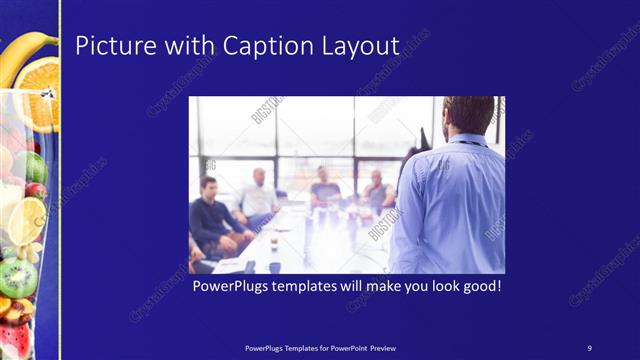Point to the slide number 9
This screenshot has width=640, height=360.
point(589,347)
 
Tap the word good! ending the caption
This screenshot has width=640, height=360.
point(478,286)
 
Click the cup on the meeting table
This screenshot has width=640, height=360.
point(273,243)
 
